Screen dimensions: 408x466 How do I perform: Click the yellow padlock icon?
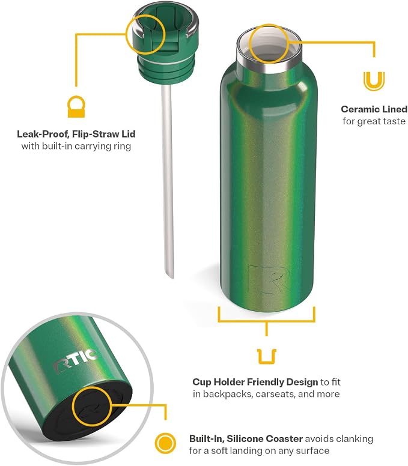(x=76, y=106)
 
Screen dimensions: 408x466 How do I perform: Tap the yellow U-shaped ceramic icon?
(x=374, y=81)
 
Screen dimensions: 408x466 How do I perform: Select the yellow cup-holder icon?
(x=267, y=357)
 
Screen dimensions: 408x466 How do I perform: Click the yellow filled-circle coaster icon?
(x=165, y=443)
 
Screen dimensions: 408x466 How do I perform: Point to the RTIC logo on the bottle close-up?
(x=76, y=361)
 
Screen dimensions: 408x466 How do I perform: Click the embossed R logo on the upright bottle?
(x=268, y=279)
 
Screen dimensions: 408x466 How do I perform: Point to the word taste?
(x=394, y=121)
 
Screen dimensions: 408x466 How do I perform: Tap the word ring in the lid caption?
(x=123, y=147)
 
